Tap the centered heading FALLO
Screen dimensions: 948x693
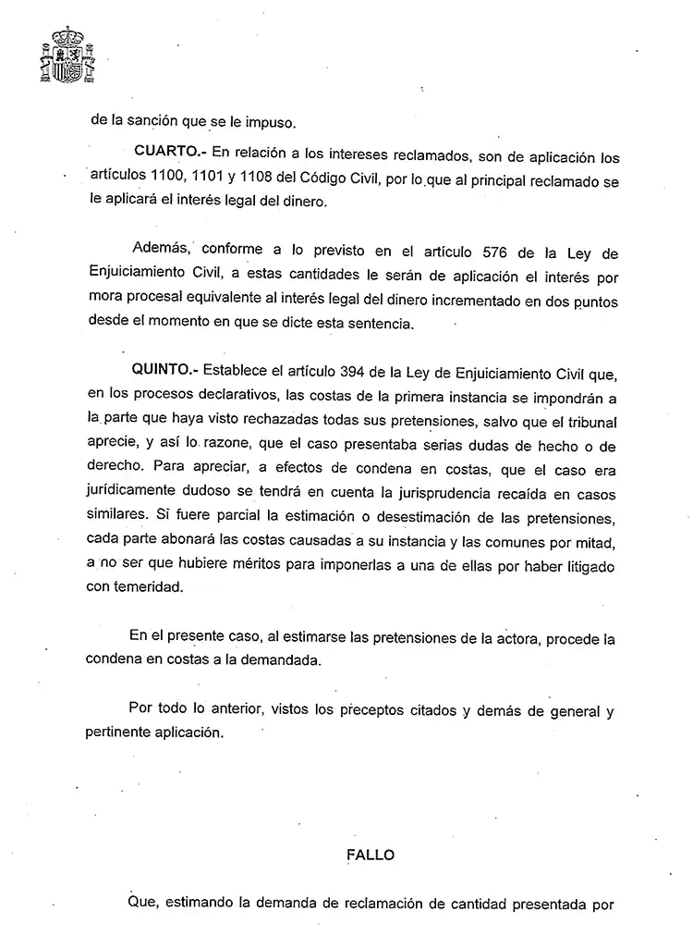(371, 855)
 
